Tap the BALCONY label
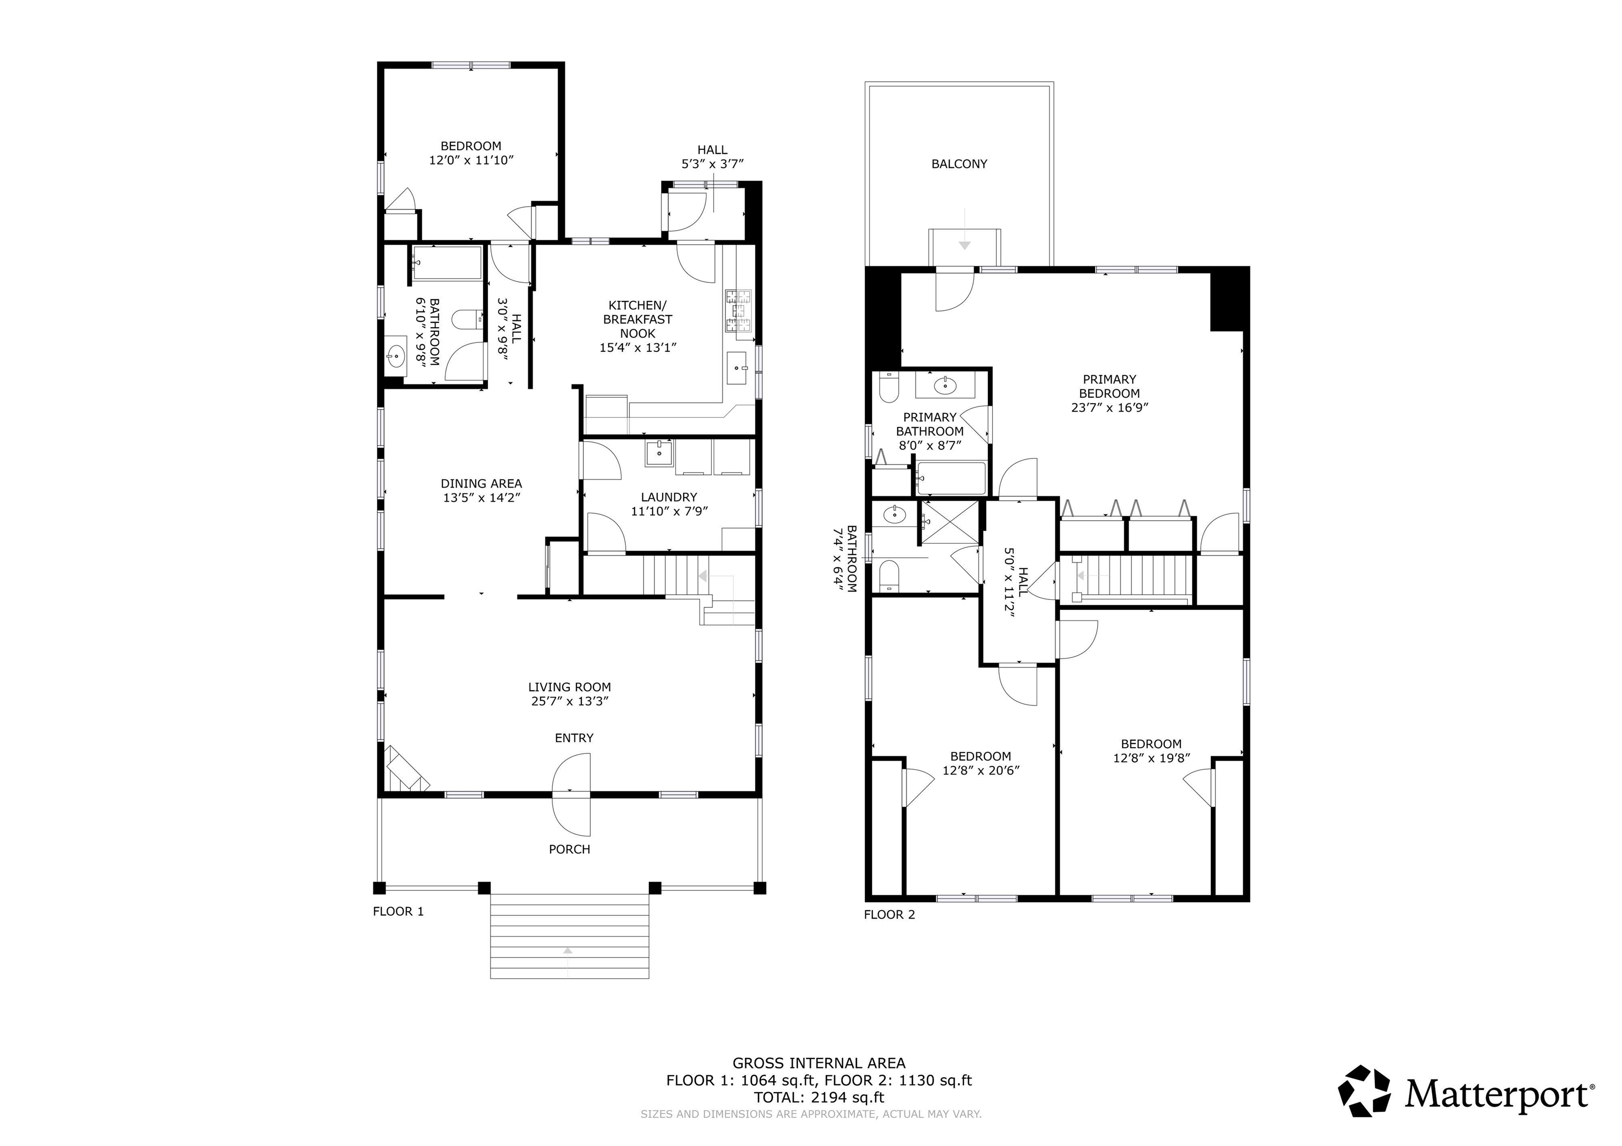coord(959,164)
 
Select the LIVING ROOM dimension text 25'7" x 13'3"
coord(569,701)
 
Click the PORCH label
coord(569,849)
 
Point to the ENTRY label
coord(573,738)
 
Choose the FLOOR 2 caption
coord(890,914)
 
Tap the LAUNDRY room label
coord(669,497)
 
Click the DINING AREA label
coord(481,484)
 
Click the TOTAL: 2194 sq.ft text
coord(819,1097)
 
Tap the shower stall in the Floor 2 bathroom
coord(951,522)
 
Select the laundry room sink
coord(659,453)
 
